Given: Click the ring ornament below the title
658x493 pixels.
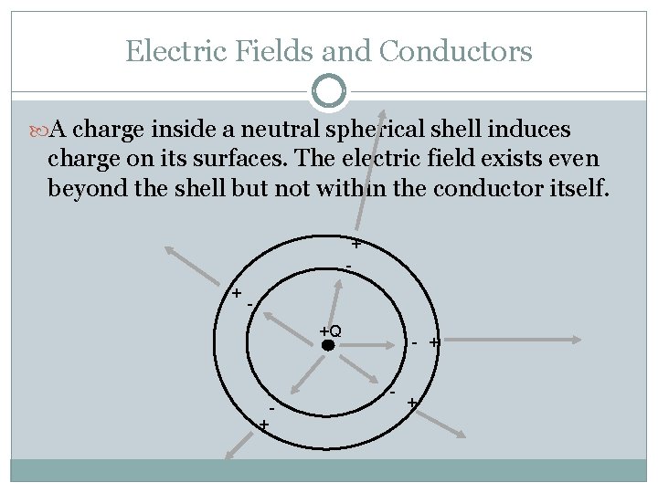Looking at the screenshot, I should (x=329, y=91).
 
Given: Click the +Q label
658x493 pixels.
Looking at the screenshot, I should (x=330, y=330).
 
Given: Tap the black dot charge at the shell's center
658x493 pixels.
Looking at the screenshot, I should (x=328, y=345).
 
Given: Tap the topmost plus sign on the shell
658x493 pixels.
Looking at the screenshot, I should (x=356, y=245).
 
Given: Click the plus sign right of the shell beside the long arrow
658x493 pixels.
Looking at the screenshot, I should (x=434, y=342).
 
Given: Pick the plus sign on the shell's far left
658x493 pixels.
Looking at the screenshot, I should (x=236, y=293).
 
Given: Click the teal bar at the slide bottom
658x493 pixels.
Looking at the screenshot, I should (x=329, y=470).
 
